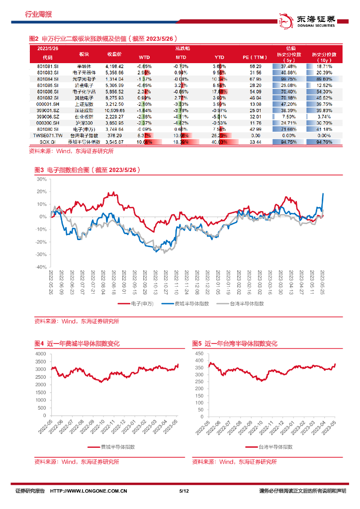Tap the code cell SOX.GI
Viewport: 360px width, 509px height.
pyautogui.click(x=51, y=142)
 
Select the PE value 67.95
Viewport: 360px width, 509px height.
pyautogui.click(x=256, y=79)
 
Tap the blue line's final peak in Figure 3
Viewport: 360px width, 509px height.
pyautogui.click(x=323, y=193)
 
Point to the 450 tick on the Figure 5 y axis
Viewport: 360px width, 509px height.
pyautogui.click(x=199, y=353)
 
